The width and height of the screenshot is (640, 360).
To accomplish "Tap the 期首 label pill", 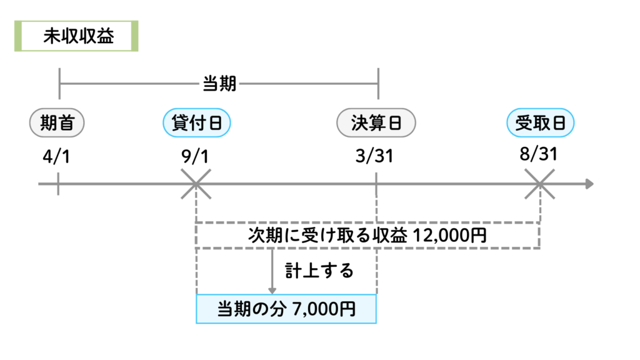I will pyautogui.click(x=57, y=123).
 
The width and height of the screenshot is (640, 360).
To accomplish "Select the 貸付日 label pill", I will pyautogui.click(x=196, y=123).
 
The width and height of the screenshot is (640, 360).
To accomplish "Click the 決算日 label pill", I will pyautogui.click(x=376, y=123).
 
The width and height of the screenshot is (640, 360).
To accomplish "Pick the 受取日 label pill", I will pyautogui.click(x=540, y=123).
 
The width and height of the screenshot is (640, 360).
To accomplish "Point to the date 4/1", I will pyautogui.click(x=57, y=156).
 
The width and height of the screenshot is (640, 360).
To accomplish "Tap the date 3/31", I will pyautogui.click(x=376, y=156).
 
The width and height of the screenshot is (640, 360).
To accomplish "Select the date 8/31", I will pyautogui.click(x=538, y=154).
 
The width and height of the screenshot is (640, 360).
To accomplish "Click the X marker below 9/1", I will pyautogui.click(x=196, y=184).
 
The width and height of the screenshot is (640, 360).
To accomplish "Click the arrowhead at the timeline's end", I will pyautogui.click(x=589, y=184).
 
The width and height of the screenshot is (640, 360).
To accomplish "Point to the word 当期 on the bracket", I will pyautogui.click(x=219, y=83).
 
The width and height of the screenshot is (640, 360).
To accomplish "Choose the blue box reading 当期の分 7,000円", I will pyautogui.click(x=286, y=309).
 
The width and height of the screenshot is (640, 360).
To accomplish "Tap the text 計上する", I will pyautogui.click(x=319, y=271).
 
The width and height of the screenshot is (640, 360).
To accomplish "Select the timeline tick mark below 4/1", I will pyautogui.click(x=58, y=184).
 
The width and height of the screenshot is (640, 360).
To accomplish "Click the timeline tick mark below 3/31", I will pyautogui.click(x=376, y=184).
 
